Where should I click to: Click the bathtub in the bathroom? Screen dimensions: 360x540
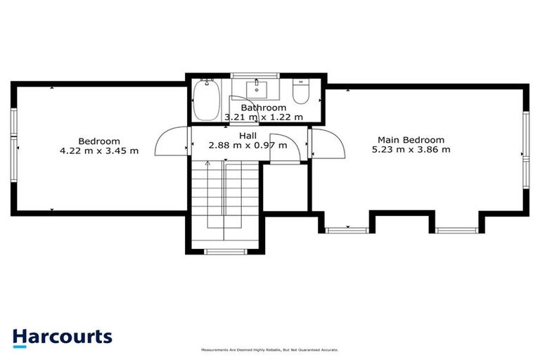pos(207,103)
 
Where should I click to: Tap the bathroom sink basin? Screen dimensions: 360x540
pos(257,89)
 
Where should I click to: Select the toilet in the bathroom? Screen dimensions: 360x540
pos(300,93)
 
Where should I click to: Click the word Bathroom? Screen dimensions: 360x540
pos(264,108)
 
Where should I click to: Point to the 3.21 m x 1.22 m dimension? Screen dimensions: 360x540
pos(264,117)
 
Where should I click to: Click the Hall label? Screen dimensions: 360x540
pos(247,135)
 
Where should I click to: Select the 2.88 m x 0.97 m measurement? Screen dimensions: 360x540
pos(247,146)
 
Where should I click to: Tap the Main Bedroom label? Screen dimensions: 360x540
pos(411,139)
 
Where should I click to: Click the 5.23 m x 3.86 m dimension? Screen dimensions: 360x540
pos(411,149)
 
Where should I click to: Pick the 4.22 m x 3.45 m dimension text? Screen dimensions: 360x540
pos(99,150)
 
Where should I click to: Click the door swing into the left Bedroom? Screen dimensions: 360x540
pos(169,144)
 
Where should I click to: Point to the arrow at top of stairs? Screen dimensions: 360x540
pos(207,163)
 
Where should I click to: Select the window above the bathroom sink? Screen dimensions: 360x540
pos(255,75)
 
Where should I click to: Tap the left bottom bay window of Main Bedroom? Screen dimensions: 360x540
pos(347,229)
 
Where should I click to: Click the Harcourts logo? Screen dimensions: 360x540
pos(62,336)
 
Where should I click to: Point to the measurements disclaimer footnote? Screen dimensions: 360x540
pos(269,349)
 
